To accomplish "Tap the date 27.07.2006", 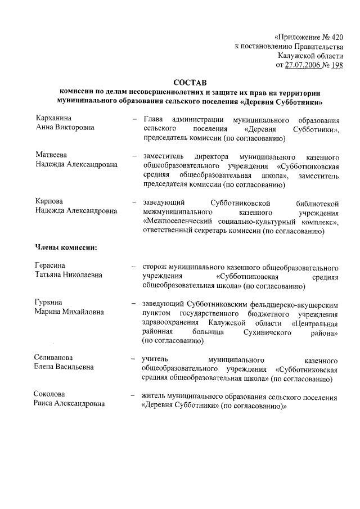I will pos(303,65).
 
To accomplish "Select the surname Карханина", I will pos(54,119).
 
